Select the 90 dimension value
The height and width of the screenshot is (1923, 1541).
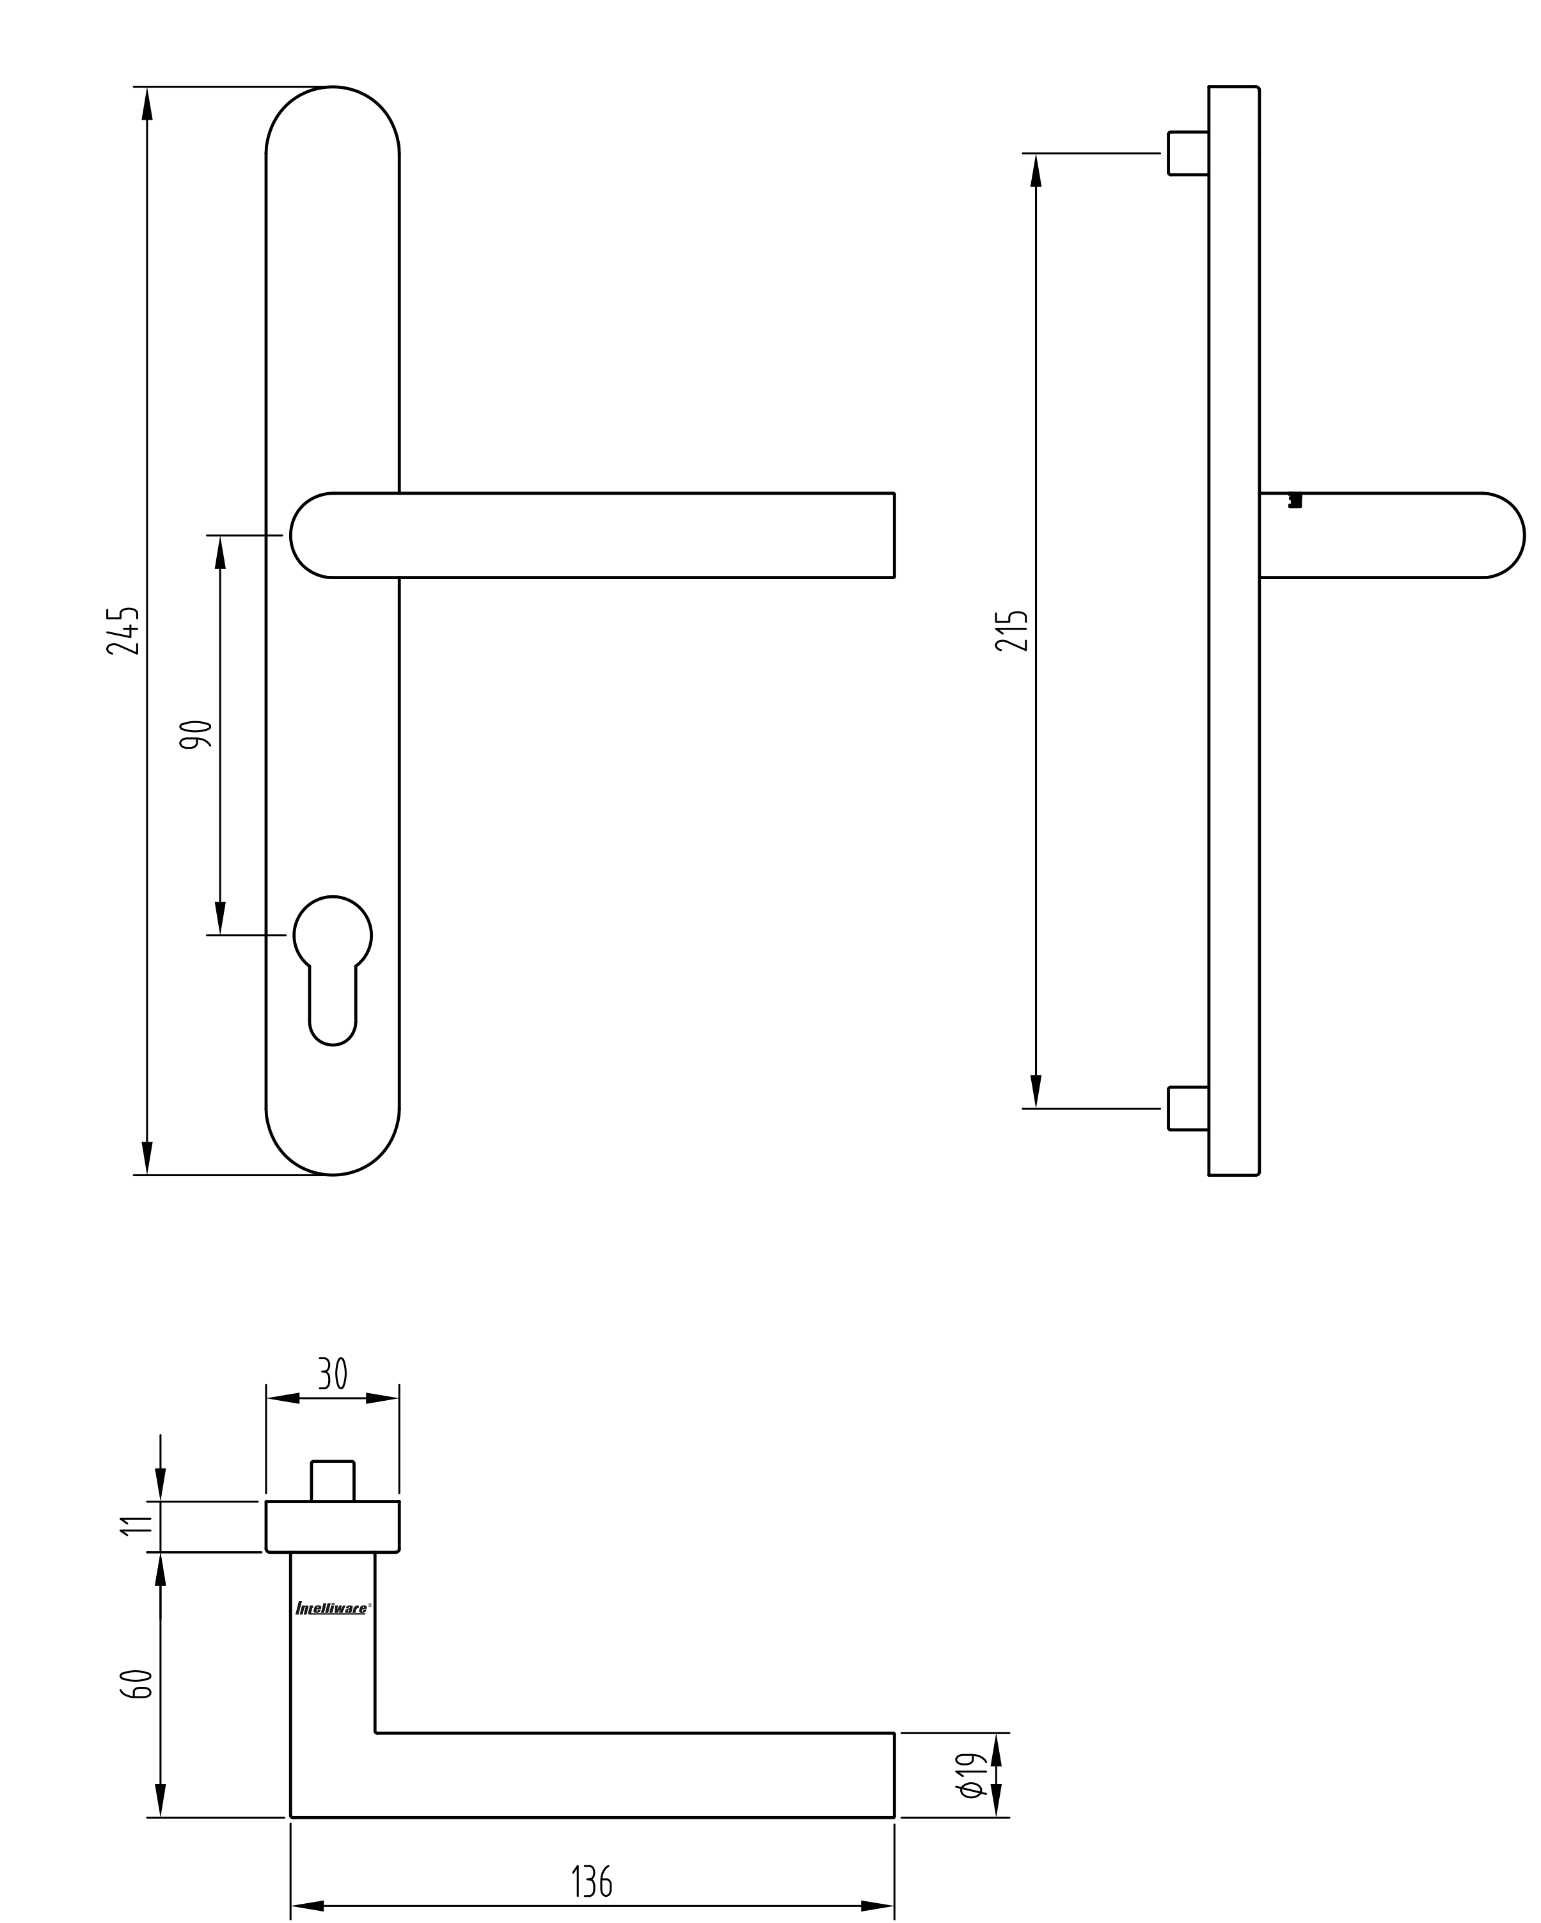[x=196, y=733]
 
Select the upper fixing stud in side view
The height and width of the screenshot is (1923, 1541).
[x=1188, y=154]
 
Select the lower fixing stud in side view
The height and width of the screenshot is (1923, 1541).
[x=1188, y=1108]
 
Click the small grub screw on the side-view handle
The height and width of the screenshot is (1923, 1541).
[x=1295, y=500]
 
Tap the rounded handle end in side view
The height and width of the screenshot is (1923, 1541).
[x=1503, y=535]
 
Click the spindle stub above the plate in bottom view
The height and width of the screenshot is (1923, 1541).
[x=333, y=1481]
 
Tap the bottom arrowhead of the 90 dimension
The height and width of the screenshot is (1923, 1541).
[x=220, y=918]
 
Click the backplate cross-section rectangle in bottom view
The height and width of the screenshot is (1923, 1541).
[x=333, y=1526]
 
